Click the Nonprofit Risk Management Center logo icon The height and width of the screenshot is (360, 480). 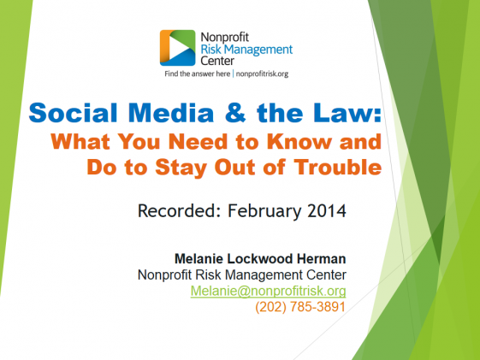[x=178, y=48]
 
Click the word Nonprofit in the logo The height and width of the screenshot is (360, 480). [x=225, y=38]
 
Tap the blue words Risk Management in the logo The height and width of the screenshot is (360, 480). [x=246, y=50]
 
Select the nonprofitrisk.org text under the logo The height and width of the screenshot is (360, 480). [x=262, y=74]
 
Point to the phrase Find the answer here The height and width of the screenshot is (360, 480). [x=197, y=74]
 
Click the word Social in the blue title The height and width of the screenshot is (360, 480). [x=74, y=113]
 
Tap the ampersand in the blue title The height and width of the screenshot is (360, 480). [x=235, y=113]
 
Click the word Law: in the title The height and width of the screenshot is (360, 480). [x=347, y=113]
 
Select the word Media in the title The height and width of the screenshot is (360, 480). [x=171, y=113]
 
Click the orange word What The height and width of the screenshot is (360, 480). [x=80, y=142]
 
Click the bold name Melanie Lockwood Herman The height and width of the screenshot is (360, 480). [x=260, y=259]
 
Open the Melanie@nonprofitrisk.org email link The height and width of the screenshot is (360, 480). [x=268, y=291]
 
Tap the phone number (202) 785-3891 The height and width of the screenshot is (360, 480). [x=300, y=307]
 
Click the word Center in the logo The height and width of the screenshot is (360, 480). [x=217, y=61]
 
